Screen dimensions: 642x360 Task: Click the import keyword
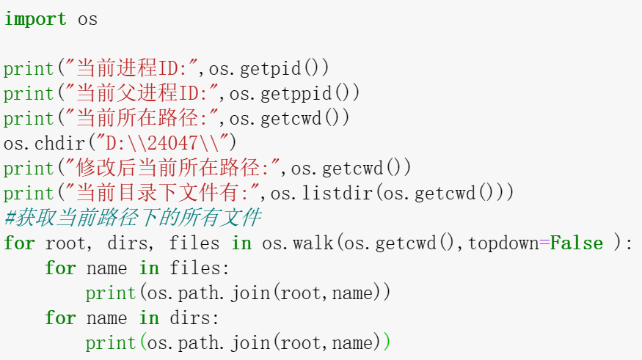(x=34, y=19)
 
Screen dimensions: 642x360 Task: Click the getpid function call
(x=271, y=69)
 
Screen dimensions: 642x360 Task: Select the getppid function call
(x=296, y=94)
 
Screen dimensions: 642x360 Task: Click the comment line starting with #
(x=132, y=218)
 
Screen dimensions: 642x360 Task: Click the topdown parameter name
(x=503, y=243)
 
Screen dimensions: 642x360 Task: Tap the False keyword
(x=576, y=243)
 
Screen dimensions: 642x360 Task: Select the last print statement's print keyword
(x=111, y=343)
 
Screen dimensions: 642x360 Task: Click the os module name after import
(x=88, y=19)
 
